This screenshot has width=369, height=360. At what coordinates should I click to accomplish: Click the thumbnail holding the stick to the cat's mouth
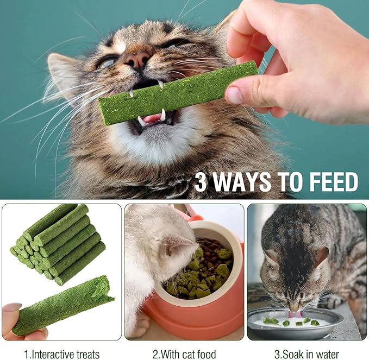[x=234, y=96]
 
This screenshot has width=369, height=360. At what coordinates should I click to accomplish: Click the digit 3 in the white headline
[x=201, y=182]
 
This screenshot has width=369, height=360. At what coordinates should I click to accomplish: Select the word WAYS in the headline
[x=242, y=182]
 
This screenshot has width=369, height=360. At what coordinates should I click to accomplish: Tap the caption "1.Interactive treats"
[x=62, y=354]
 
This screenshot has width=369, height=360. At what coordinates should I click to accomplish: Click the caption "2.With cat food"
[x=184, y=354]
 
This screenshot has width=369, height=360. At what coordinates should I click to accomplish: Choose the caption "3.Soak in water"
[x=307, y=354]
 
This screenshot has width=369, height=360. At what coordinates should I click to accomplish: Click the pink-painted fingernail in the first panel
[x=12, y=307]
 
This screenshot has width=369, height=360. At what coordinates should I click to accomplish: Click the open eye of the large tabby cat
[x=107, y=63]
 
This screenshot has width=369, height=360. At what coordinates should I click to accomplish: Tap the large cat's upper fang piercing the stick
[x=161, y=84]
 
